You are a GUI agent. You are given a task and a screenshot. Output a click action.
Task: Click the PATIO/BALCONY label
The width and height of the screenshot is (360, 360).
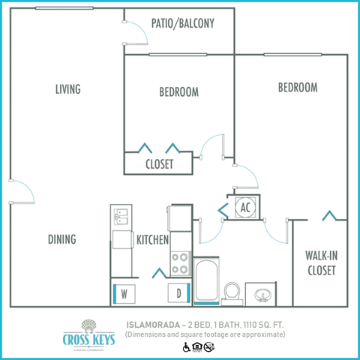182,23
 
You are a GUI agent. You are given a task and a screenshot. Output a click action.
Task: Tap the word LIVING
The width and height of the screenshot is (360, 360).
67,89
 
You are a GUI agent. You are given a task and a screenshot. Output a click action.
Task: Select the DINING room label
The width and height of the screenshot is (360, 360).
62,239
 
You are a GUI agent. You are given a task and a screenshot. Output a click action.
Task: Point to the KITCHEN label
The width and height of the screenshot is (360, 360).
152,240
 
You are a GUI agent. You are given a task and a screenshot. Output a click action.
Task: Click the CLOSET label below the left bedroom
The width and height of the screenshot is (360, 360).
159,163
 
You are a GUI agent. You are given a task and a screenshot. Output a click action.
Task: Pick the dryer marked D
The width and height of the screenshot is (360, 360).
178,292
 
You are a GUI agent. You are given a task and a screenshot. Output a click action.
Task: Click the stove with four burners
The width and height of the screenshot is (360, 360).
181,262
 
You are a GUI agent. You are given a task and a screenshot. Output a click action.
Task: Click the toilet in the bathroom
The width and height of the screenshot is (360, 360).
232,291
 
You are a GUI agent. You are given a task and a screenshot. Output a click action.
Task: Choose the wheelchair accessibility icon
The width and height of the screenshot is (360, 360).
186,346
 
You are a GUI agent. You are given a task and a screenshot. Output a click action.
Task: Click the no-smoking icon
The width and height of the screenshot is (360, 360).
209,346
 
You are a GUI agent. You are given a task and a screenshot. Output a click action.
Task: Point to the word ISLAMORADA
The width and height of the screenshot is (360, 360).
151,323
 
